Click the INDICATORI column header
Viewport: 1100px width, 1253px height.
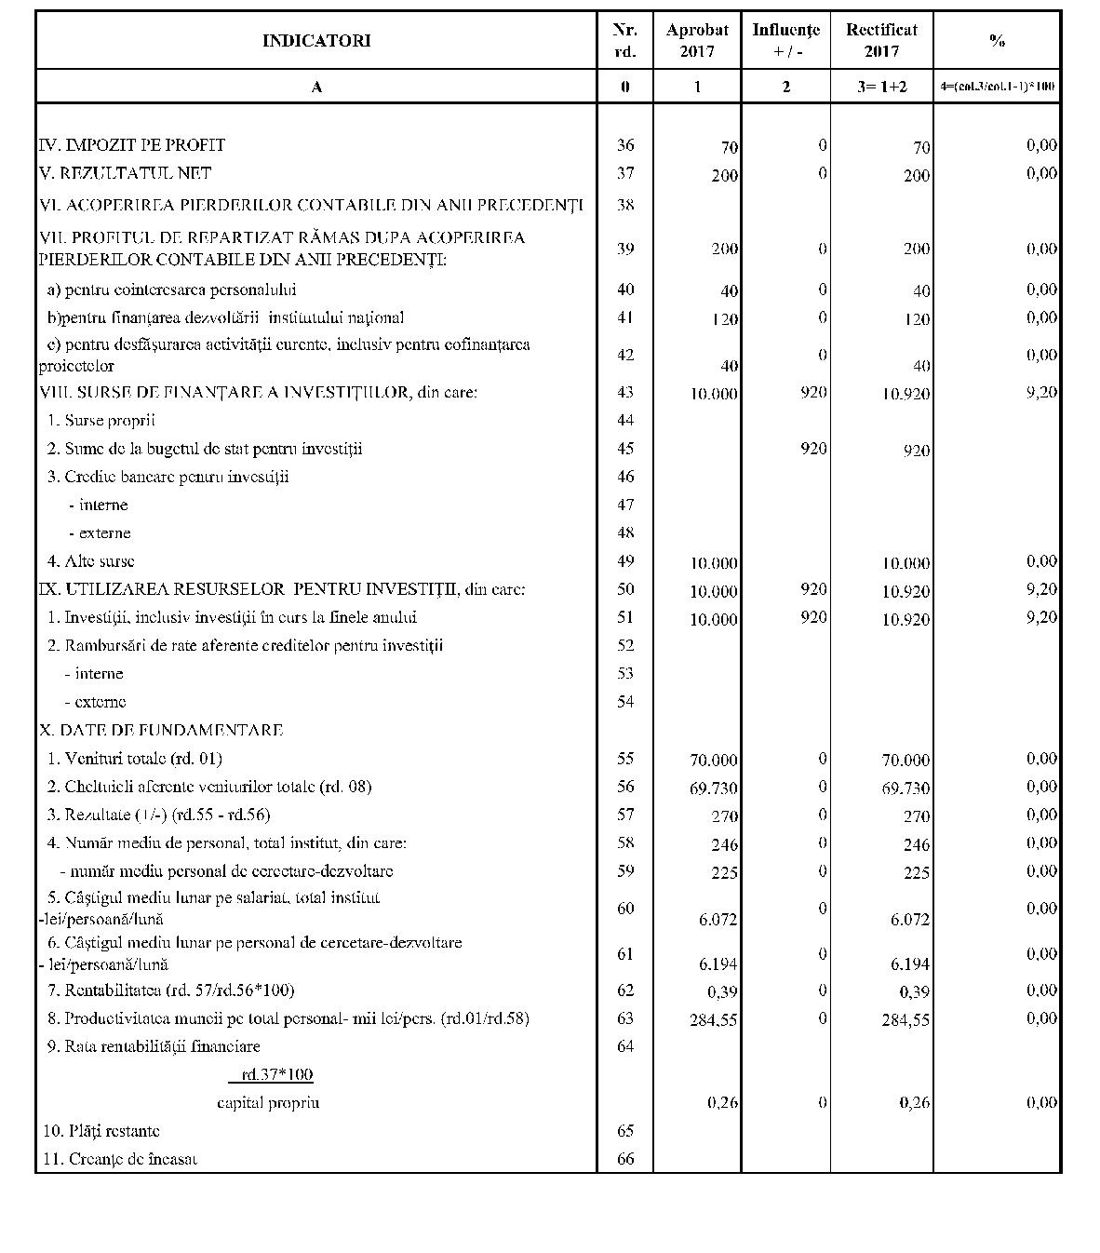[x=316, y=41]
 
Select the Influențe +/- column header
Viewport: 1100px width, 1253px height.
[x=785, y=41]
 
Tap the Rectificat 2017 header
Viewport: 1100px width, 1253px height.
[x=881, y=41]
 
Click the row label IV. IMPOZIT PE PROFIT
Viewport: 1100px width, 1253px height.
[x=132, y=145]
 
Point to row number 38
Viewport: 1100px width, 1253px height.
[x=625, y=205]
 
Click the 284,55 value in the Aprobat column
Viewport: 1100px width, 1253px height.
[x=714, y=1020]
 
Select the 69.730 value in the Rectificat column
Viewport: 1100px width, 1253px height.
[x=905, y=788]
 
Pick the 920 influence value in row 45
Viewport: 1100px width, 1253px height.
[x=812, y=449]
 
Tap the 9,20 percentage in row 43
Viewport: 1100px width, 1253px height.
[x=1041, y=392]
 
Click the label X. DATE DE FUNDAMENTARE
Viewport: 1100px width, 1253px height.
[x=161, y=730]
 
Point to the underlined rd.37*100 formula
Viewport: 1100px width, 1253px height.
[x=271, y=1075]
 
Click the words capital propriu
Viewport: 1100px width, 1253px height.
[x=268, y=1103]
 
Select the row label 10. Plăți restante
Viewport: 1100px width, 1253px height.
[x=101, y=1131]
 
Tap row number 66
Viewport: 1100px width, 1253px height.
[x=625, y=1159]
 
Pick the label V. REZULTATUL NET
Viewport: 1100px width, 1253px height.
[x=126, y=173]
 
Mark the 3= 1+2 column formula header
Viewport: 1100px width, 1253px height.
[x=881, y=87]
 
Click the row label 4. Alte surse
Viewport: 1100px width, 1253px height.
[x=91, y=561]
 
